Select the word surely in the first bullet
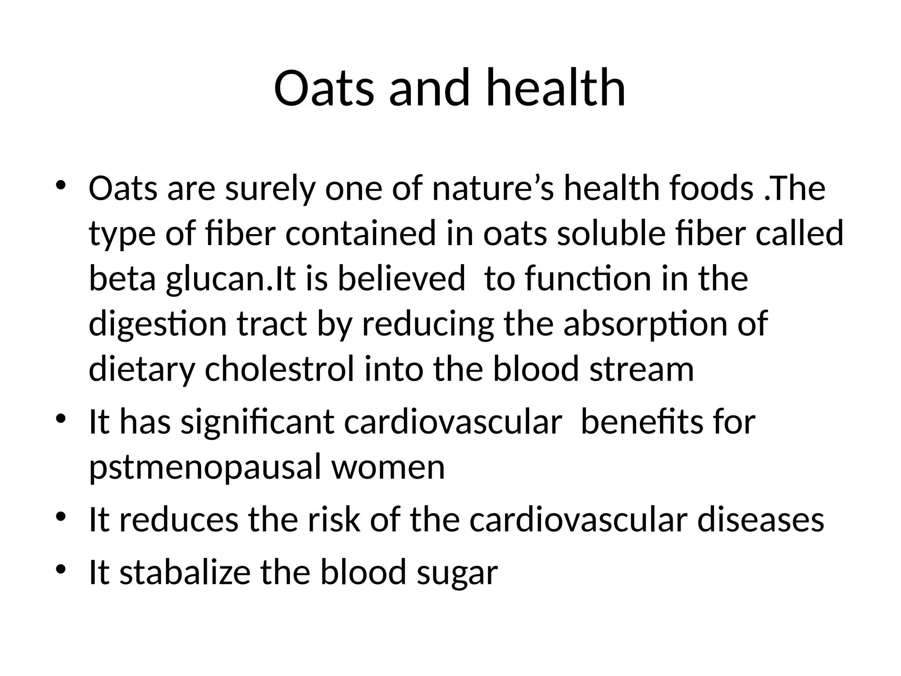270,188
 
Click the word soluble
612,234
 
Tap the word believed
401,279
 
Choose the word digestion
158,324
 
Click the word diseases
761,520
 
